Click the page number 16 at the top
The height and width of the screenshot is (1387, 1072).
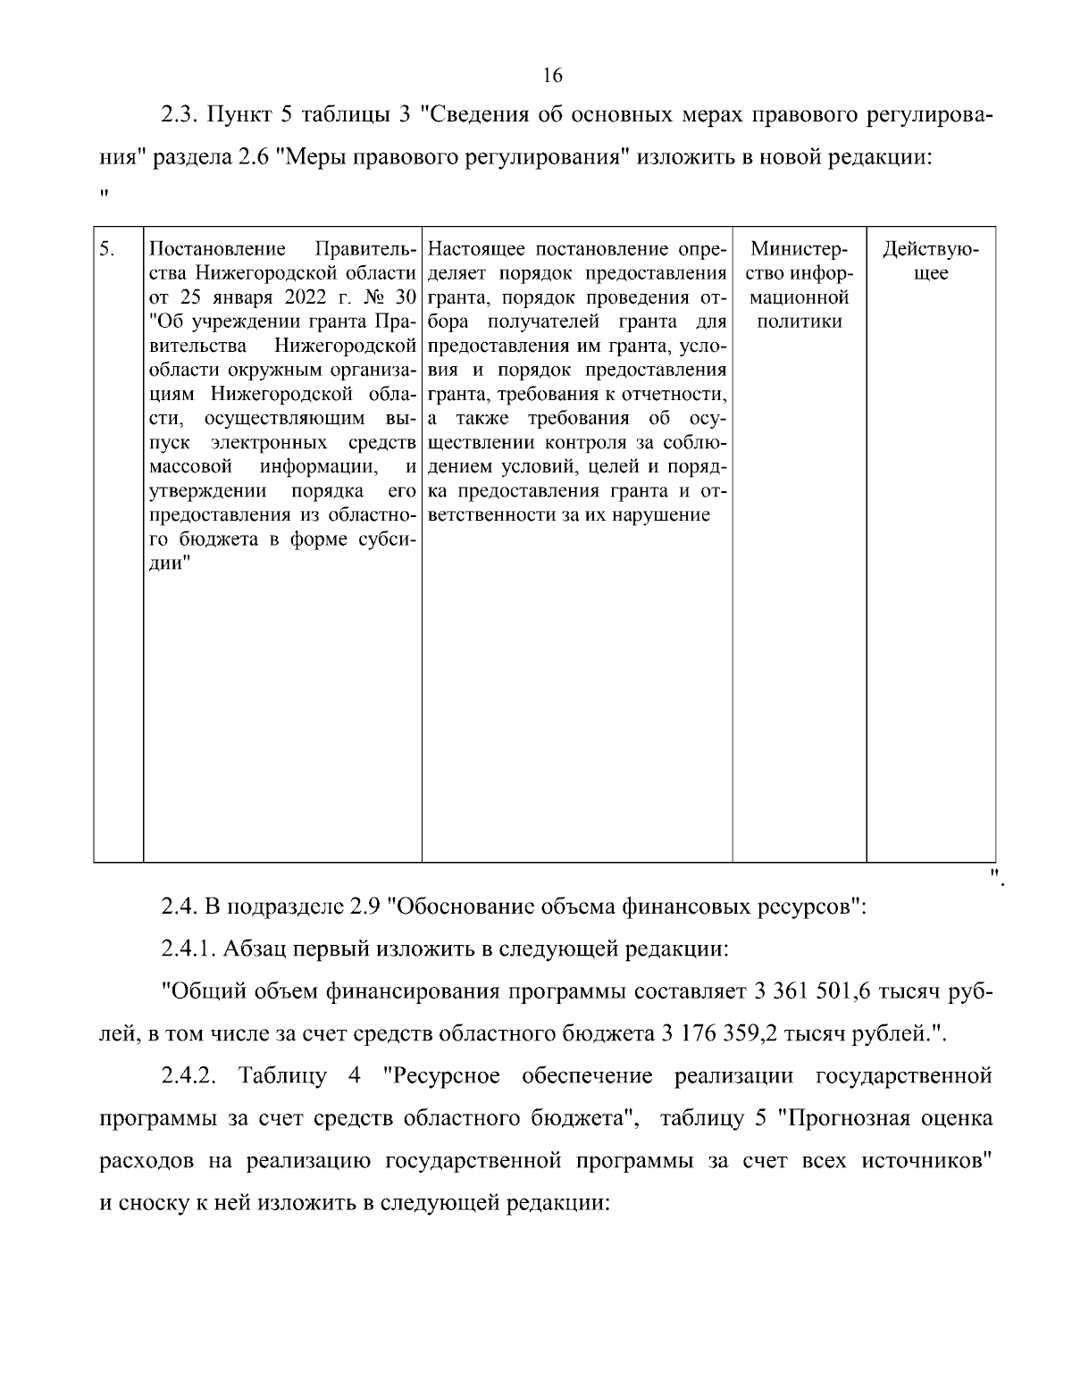[551, 75]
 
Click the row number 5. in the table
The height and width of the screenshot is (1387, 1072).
[106, 248]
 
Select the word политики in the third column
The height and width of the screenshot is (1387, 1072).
[799, 322]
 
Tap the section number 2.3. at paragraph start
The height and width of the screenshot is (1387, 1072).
[182, 115]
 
